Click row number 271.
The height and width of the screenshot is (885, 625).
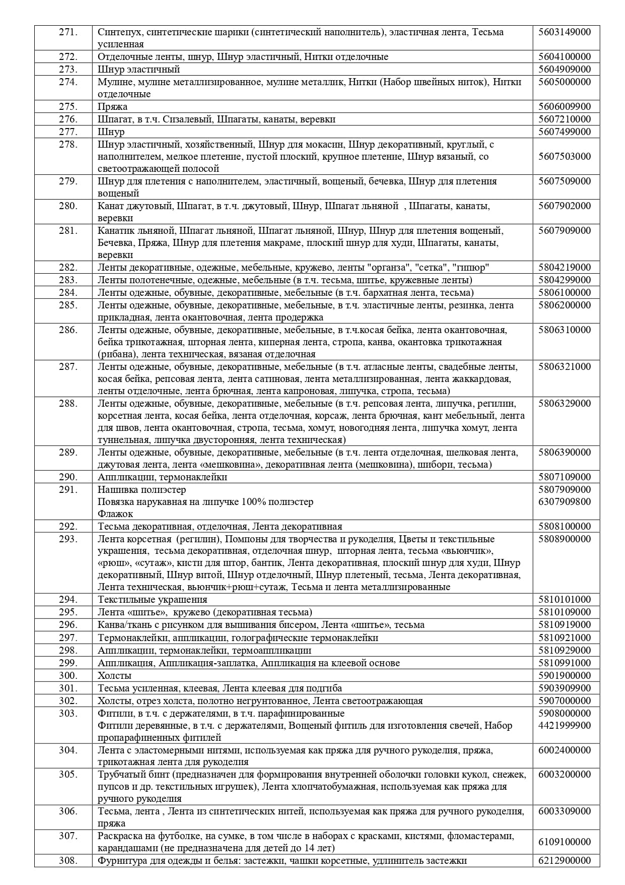(x=68, y=32)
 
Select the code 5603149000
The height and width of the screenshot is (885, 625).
(x=565, y=32)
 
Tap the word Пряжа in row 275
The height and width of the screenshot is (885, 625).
(x=112, y=106)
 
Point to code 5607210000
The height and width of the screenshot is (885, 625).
(x=565, y=119)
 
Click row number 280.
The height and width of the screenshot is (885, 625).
(x=68, y=206)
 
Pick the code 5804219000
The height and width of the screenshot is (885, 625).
(x=565, y=267)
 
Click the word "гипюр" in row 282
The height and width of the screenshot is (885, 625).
(x=471, y=267)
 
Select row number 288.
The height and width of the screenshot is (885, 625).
(x=68, y=403)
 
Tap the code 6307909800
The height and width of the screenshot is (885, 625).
(x=565, y=501)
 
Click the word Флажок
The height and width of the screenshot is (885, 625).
(x=115, y=514)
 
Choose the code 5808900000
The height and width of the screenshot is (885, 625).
(x=565, y=539)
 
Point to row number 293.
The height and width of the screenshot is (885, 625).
(x=68, y=539)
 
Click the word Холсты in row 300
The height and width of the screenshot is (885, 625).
(x=114, y=675)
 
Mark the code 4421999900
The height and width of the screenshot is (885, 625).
(x=565, y=725)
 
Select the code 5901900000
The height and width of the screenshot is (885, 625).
(x=565, y=675)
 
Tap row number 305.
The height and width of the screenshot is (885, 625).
(x=68, y=774)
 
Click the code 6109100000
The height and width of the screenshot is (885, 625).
(x=565, y=842)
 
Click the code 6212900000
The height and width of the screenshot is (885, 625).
(x=565, y=860)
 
